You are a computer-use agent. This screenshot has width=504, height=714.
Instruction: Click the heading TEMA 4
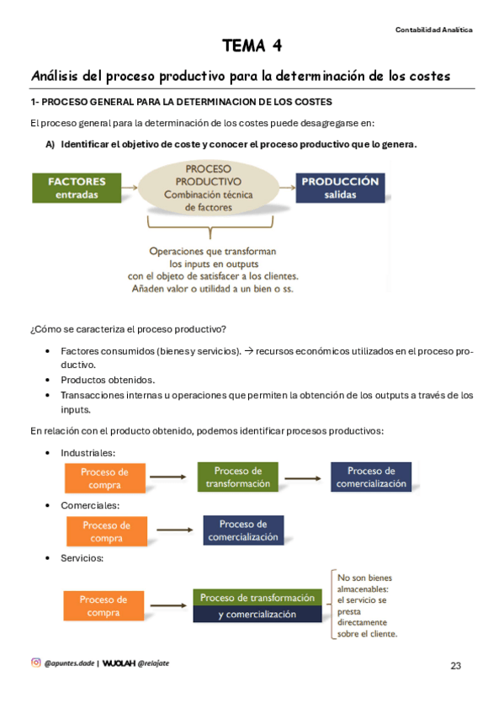coord(252,45)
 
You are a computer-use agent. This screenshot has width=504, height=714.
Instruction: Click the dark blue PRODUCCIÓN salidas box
coord(340,188)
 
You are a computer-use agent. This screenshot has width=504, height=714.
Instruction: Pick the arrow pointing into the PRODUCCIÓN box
coord(283,188)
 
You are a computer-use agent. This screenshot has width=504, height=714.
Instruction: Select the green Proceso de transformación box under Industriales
coord(238,477)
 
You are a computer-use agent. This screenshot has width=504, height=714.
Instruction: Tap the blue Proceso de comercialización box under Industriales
coord(371,477)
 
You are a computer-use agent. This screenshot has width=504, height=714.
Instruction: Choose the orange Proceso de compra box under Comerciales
coord(106,531)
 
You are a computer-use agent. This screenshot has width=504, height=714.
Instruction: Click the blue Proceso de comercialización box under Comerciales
coord(243,530)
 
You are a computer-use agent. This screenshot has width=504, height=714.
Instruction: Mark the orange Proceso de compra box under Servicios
coord(103,605)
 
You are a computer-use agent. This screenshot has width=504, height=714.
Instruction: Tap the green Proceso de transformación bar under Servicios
coord(257,597)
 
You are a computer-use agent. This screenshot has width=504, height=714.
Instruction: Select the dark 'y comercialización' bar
coord(257,614)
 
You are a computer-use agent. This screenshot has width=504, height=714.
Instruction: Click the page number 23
coord(456,666)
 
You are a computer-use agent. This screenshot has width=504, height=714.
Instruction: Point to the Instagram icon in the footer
coord(35,663)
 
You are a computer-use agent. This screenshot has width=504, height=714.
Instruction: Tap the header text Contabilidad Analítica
coord(433,29)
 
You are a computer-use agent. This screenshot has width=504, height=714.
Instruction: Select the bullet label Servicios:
coord(82,558)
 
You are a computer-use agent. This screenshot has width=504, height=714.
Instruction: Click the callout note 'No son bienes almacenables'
coord(366,605)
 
